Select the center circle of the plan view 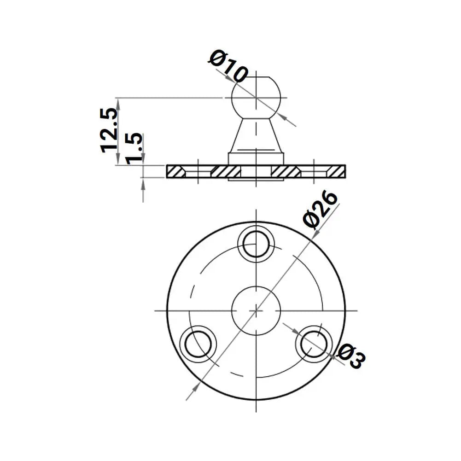pyautogui.click(x=255, y=310)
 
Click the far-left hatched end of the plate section pyautogui.click(x=175, y=171)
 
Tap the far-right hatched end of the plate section pyautogui.click(x=336, y=171)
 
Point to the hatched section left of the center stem pyautogui.click(x=226, y=171)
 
